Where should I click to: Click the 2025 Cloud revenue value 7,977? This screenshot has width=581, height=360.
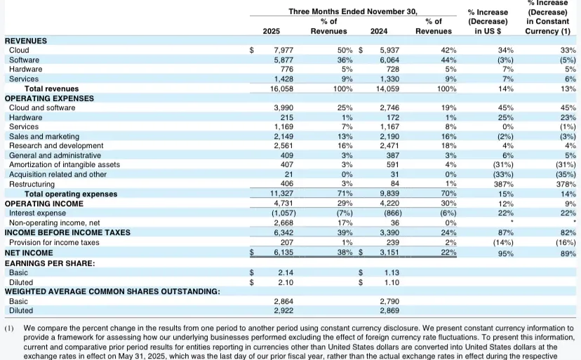click(x=283, y=50)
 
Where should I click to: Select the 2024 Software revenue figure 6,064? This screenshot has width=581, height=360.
click(x=389, y=60)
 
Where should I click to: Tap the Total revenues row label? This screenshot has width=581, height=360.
click(x=51, y=88)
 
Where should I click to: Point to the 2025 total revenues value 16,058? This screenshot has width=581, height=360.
click(x=281, y=88)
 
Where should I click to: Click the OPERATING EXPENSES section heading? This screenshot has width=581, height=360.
click(x=49, y=98)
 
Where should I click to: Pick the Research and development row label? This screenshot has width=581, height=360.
click(x=56, y=146)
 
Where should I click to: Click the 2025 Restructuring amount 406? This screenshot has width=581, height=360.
click(x=287, y=184)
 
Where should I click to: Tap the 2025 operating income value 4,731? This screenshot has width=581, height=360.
click(x=283, y=204)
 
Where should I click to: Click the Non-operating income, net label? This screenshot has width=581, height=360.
click(x=55, y=223)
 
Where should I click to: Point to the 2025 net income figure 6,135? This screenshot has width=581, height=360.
click(x=283, y=253)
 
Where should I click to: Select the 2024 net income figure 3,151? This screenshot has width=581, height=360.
click(x=389, y=253)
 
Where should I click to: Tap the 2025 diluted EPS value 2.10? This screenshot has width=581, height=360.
click(x=286, y=283)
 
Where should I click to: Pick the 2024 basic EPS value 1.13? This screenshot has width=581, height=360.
click(x=392, y=273)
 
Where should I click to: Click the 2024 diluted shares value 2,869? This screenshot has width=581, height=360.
click(x=389, y=311)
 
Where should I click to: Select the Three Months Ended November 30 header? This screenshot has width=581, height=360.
click(x=353, y=11)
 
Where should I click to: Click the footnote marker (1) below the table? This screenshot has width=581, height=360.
click(x=9, y=328)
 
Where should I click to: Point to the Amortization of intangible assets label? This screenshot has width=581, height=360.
click(x=65, y=165)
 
